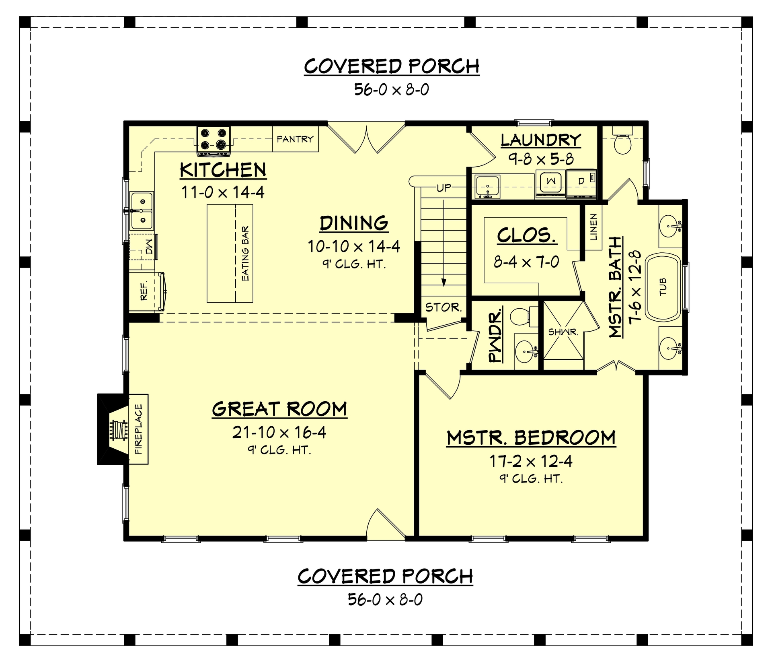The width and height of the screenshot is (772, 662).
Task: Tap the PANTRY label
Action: pyautogui.click(x=295, y=139)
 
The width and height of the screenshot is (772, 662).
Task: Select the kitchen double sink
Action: pyautogui.click(x=142, y=210)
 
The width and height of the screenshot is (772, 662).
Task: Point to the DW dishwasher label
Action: pyautogui.click(x=149, y=247)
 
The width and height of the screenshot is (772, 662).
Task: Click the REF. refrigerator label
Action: pyautogui.click(x=144, y=291)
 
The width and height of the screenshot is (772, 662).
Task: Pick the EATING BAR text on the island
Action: pyautogui.click(x=245, y=254)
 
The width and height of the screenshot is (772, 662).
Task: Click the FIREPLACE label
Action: pyautogui.click(x=138, y=429)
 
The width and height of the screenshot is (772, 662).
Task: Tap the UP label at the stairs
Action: pyautogui.click(x=444, y=188)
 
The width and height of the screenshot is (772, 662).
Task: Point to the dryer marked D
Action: pyautogui.click(x=581, y=182)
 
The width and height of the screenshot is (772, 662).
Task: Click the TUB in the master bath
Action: pyautogui.click(x=663, y=287)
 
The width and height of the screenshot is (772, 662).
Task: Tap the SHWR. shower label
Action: pyautogui.click(x=563, y=332)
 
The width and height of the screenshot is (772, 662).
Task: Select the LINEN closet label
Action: pyautogui.click(x=593, y=227)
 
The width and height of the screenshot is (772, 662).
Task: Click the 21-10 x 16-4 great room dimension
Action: pyautogui.click(x=279, y=433)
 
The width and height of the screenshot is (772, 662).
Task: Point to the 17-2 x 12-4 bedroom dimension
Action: pyautogui.click(x=531, y=461)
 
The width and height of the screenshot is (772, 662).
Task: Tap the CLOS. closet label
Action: pyautogui.click(x=527, y=235)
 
